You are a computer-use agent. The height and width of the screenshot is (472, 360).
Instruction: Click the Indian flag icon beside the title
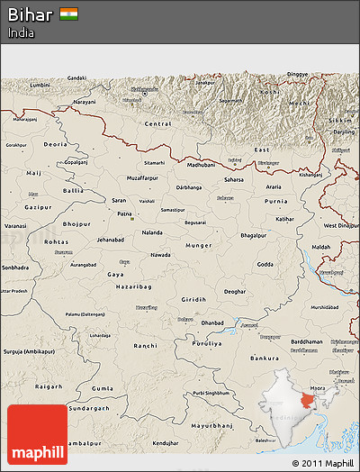coord(68,14)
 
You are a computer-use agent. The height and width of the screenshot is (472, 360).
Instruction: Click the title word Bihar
coord(30,14)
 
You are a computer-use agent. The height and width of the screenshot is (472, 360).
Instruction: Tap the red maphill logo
coord(37,434)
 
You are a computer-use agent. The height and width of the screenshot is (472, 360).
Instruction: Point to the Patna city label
coord(125,215)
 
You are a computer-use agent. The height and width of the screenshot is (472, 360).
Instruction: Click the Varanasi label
coord(15,224)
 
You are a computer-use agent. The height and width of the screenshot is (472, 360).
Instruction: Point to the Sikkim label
coord(340,119)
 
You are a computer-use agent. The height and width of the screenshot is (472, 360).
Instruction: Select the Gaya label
coord(115,274)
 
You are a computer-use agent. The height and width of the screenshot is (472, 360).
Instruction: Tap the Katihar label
coord(284,219)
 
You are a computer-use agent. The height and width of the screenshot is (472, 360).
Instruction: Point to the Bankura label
coord(264,359)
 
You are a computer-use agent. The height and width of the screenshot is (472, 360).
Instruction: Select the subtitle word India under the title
coord(22,32)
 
